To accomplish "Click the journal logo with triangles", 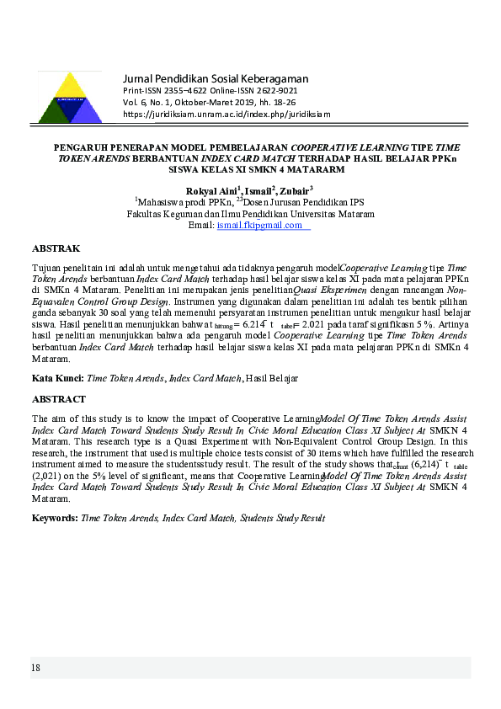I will tap(71, 99).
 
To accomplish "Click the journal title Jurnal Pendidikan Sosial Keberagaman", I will tap(216, 77).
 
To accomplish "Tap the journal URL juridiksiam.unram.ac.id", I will tap(227, 114).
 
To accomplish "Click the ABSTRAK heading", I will tap(56, 249).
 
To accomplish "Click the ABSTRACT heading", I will tap(59, 398).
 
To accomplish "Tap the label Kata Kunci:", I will tap(57, 380).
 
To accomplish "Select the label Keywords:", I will tap(55, 517).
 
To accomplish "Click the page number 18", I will tap(35, 668).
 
